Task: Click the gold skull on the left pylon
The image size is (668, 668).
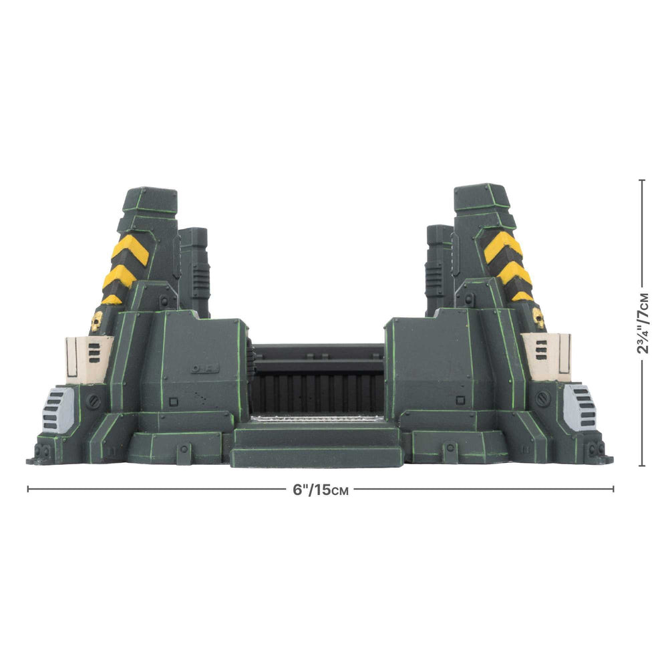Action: (x=96, y=321)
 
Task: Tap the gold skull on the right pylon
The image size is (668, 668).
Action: (x=538, y=319)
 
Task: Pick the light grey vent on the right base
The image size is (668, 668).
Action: (x=578, y=407)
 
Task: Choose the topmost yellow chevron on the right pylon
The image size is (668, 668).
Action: (x=502, y=244)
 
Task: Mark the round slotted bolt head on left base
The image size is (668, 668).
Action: (x=94, y=401)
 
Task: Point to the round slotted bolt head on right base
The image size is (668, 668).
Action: (x=542, y=398)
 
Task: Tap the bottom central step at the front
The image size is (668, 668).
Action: (x=317, y=458)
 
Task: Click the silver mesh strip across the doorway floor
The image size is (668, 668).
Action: (x=317, y=418)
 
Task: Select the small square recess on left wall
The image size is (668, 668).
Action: (x=174, y=402)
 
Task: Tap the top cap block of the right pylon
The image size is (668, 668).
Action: (x=482, y=196)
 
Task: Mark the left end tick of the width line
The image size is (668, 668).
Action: (x=27, y=489)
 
